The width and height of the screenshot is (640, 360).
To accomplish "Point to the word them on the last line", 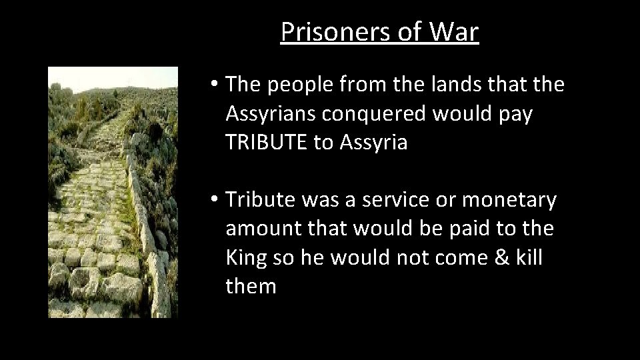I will (251, 286).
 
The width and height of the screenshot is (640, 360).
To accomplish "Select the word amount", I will (263, 229).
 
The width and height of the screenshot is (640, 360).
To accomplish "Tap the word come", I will (450, 257).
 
